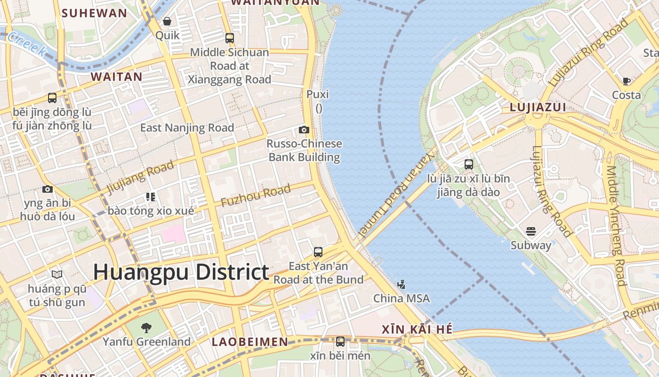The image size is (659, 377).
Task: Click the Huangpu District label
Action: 181,272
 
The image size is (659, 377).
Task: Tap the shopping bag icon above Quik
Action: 167,21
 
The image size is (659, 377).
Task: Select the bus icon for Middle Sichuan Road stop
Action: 229,38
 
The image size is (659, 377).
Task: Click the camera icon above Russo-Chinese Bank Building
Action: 304,130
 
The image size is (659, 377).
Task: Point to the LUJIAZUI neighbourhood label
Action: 538,107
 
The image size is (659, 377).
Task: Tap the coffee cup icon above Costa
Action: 626,81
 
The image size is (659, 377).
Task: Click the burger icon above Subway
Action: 531,231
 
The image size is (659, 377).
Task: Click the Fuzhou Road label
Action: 256,196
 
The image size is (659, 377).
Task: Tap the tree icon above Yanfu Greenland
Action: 146,328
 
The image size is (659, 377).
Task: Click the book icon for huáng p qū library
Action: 56,274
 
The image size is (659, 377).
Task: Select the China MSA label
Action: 402,298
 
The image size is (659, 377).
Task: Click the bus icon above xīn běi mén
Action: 340,341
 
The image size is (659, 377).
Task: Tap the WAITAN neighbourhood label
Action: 116,77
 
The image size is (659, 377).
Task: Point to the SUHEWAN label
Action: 94,13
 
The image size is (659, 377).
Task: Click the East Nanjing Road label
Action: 187,128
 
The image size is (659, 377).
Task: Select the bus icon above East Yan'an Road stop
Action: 318,252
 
